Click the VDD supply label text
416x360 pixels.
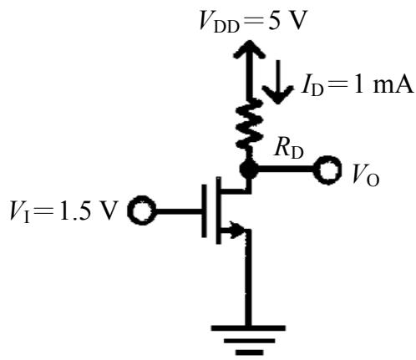(220, 23)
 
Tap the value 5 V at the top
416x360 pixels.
(286, 21)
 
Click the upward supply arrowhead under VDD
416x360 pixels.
(250, 49)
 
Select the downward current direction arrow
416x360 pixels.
(278, 82)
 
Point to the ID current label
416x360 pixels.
(312, 86)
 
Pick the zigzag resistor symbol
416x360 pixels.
(249, 124)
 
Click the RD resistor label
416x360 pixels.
(289, 148)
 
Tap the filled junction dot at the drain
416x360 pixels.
(249, 169)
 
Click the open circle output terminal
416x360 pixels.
(327, 170)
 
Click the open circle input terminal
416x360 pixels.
(142, 210)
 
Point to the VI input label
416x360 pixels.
(19, 211)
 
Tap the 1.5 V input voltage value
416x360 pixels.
(87, 210)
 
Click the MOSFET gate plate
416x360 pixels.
(205, 210)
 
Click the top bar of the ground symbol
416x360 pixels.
(248, 327)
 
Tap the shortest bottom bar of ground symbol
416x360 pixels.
(249, 352)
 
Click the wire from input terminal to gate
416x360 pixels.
(179, 210)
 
